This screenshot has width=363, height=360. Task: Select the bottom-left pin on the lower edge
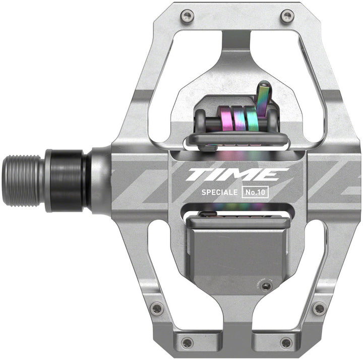187,342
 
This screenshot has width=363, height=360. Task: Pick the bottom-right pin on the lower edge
286,342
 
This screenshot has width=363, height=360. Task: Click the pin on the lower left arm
157,308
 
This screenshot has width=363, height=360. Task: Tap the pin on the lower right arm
318,308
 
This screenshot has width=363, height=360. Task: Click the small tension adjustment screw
266,286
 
